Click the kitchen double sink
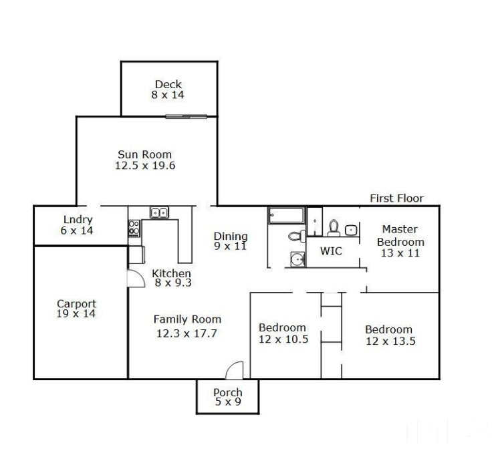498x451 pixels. (x=160, y=212)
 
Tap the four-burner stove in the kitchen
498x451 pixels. (x=134, y=229)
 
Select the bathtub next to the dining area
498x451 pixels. (x=286, y=216)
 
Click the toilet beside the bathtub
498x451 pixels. (x=297, y=236)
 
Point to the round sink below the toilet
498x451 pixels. (x=298, y=260)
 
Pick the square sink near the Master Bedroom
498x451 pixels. (x=351, y=230)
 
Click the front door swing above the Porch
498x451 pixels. (x=235, y=370)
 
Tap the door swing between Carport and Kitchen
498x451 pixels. (x=136, y=279)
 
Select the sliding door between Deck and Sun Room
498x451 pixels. (x=186, y=116)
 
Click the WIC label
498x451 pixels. (x=331, y=251)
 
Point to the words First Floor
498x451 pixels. (x=396, y=198)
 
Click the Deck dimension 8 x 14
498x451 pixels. (x=168, y=95)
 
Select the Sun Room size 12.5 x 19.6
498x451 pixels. (x=145, y=165)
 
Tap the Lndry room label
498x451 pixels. (x=78, y=219)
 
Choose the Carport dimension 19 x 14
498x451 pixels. (x=76, y=313)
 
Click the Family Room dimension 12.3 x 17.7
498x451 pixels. (x=186, y=333)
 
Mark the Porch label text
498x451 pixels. (x=228, y=392)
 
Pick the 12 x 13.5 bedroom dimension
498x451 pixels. (x=390, y=341)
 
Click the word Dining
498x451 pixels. (x=231, y=236)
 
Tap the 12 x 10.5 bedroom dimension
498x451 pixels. (x=283, y=339)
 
